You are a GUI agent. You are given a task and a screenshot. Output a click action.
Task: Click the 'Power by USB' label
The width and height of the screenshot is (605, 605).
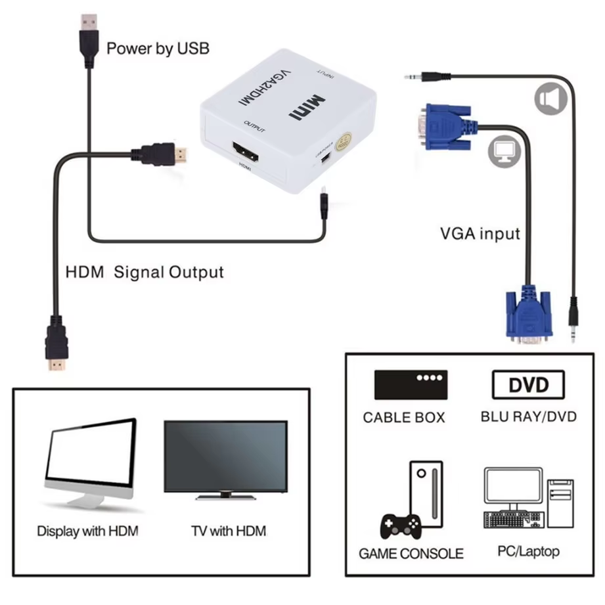[x=158, y=48]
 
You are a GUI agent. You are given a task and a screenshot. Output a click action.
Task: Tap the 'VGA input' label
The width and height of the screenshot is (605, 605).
[x=480, y=233]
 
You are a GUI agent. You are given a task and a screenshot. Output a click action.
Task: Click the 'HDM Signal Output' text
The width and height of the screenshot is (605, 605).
[x=145, y=272]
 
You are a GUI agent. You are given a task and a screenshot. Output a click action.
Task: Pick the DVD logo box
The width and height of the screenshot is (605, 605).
[x=528, y=385]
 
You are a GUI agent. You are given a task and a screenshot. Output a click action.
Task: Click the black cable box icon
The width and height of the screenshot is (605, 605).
[x=411, y=385]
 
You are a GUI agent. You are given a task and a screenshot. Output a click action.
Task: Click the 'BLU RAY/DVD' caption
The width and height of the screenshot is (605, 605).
[x=528, y=416]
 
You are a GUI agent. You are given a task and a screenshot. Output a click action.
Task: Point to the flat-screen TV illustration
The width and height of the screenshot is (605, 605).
[x=225, y=459]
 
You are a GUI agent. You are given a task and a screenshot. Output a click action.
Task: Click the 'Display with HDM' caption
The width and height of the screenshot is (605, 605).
[x=87, y=530]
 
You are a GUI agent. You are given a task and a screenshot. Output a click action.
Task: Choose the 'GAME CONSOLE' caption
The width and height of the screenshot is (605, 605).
[x=411, y=553]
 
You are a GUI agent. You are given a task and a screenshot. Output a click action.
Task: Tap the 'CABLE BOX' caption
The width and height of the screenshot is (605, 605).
[x=403, y=417]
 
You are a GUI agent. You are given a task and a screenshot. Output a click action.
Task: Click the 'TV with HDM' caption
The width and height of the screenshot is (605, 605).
[x=228, y=530]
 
